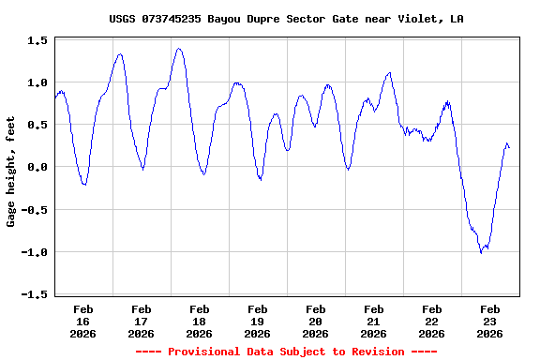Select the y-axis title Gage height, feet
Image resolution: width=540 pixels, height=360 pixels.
pos(11,178)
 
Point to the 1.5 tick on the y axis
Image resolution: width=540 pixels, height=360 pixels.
pos(37,40)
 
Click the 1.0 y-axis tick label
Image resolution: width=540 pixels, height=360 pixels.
pos(37,82)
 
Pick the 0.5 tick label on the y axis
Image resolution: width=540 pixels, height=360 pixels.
pos(37,125)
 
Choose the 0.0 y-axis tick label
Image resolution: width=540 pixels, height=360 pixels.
pos(37,167)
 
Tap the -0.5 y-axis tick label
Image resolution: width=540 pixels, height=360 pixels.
pos(35,210)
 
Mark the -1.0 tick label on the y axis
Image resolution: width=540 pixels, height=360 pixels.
pos(35,252)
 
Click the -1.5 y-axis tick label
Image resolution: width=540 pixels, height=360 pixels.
pos(35,294)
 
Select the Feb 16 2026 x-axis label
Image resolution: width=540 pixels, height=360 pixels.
pos(83,321)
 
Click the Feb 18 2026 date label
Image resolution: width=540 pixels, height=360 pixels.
pos(200,321)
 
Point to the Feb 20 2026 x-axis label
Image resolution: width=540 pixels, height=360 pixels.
pos(316,321)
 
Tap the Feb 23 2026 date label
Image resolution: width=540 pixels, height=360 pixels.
pos(490,321)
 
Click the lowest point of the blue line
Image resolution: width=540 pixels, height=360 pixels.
pos(481,252)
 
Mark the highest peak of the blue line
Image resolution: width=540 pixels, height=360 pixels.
pos(178,49)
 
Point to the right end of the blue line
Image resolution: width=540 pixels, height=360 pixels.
pos(509,147)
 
